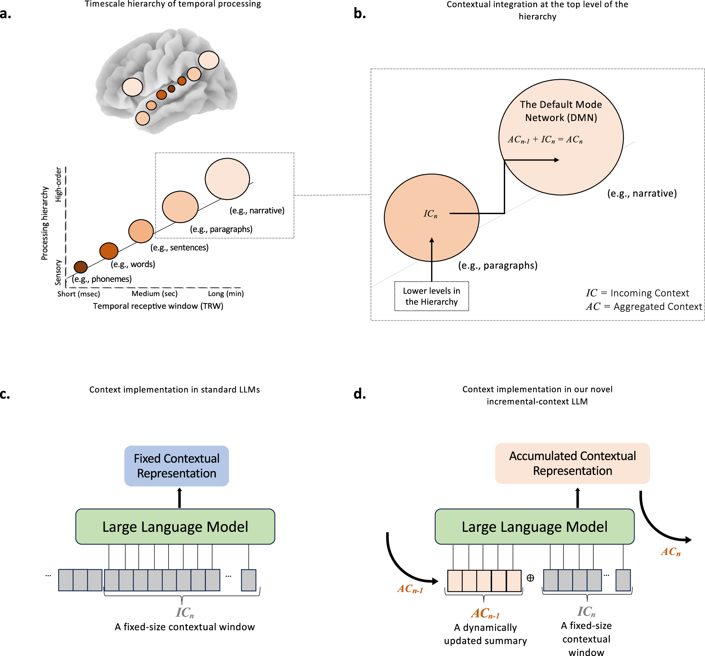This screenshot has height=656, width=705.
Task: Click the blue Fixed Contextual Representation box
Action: (176, 466)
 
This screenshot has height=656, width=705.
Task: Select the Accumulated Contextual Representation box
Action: (572, 463)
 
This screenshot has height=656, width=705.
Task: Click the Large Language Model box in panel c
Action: (175, 526)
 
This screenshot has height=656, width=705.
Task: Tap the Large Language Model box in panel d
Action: (534, 526)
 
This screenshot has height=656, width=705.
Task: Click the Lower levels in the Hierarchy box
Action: (431, 296)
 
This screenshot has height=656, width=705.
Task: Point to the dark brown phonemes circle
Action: (80, 267)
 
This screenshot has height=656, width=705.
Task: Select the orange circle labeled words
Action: (109, 251)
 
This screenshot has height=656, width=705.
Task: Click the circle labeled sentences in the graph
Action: (141, 231)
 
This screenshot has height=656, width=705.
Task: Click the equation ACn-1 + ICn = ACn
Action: (545, 139)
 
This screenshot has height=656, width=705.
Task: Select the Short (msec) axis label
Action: (78, 294)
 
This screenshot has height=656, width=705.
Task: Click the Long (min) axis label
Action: (226, 294)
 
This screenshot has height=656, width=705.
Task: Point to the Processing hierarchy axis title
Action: (45, 223)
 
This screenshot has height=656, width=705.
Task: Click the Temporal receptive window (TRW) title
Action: (158, 306)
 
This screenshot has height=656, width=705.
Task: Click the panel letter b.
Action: (359, 13)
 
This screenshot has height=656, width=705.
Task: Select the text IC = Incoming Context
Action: (637, 293)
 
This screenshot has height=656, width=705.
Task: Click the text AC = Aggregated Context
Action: (643, 306)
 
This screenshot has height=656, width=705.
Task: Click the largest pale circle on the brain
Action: (209, 60)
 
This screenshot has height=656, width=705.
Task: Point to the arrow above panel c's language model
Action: (179, 498)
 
